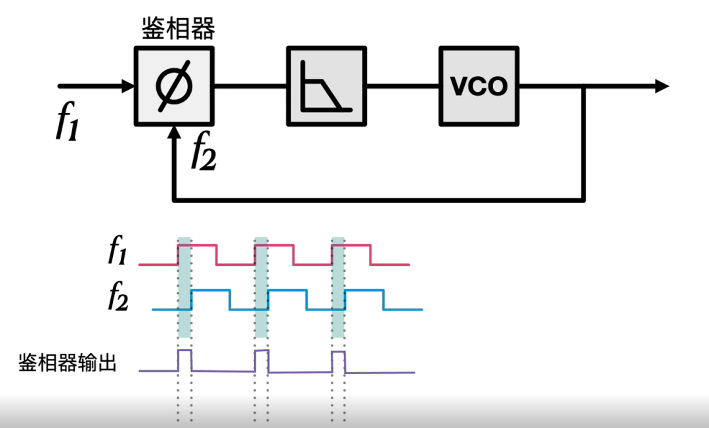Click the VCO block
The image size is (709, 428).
(479, 86)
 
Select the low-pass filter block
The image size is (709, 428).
(326, 86)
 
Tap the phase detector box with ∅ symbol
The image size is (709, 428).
(174, 86)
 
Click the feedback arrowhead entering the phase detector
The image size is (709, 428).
(174, 134)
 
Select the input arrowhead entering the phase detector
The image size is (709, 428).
(127, 86)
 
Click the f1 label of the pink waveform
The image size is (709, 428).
(117, 252)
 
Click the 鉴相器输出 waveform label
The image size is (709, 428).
(68, 362)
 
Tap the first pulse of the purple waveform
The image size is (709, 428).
(184, 360)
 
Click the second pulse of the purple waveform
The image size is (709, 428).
(262, 360)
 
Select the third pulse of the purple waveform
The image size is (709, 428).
(339, 360)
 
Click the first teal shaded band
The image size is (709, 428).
(184, 289)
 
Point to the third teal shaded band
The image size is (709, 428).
(339, 289)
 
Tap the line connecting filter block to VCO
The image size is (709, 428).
(402, 86)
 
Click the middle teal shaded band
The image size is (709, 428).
(262, 289)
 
